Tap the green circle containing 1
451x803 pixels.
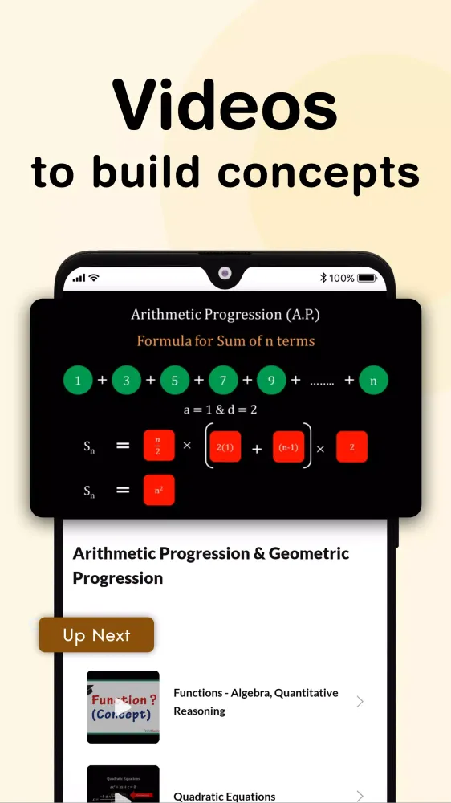pos(78,381)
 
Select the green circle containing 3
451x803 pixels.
pos(126,381)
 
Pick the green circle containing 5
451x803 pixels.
pos(175,381)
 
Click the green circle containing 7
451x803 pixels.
pos(223,381)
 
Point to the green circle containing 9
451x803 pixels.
pos(271,381)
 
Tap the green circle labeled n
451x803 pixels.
pos(373,381)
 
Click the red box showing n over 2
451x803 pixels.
pos(159,446)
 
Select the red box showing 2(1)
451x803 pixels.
pos(225,446)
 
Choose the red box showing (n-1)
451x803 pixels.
pos(289,446)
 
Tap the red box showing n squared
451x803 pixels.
pos(159,490)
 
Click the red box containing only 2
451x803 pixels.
pos(351,446)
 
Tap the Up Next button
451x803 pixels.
pos(96,635)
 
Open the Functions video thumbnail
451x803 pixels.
pos(123,707)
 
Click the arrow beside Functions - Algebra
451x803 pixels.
pos(360,702)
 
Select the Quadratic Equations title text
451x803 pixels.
pos(225,797)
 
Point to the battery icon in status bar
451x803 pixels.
pos(366,278)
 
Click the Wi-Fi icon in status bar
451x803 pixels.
pos(94,278)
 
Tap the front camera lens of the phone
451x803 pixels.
pos(225,274)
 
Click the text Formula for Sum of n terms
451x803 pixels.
pos(225,340)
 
